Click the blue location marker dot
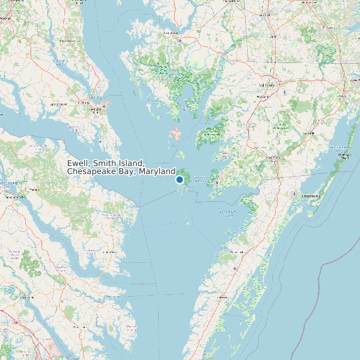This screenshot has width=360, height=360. click(179, 179)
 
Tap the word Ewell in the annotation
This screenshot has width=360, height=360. click(78, 163)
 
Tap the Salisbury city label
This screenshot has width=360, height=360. click(268, 86)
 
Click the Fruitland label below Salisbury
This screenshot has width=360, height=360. click(264, 97)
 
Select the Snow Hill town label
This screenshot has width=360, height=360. click(308, 133)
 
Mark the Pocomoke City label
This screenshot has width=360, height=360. click(271, 157)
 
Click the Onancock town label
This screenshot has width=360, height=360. click(237, 253)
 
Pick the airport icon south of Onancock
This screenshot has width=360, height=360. click(236, 268)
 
